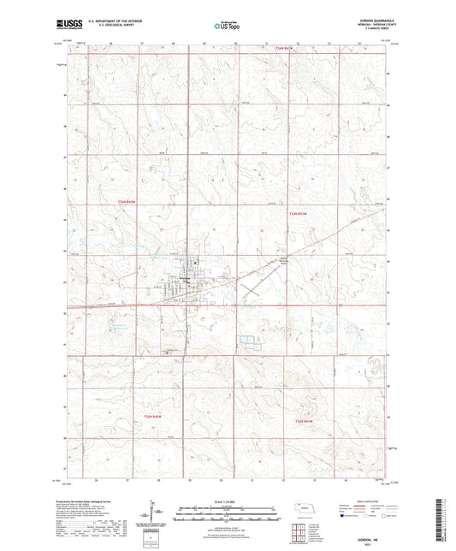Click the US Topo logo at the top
coord(224,27)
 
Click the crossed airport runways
coord(252,290)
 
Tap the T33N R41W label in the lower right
coord(305,421)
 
